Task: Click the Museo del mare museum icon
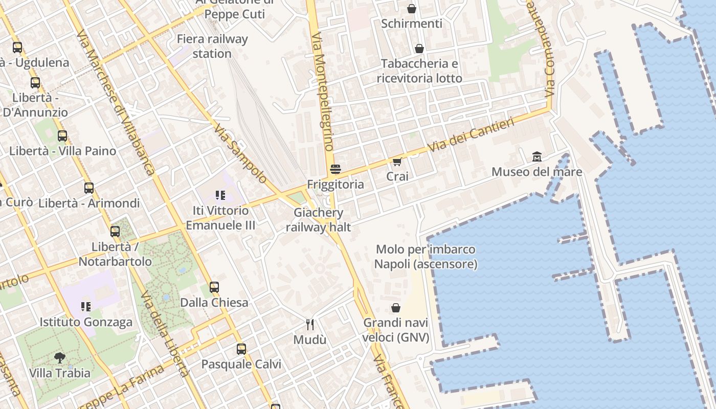point(537,156)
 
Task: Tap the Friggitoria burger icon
point(335,169)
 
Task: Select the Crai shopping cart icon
point(397,162)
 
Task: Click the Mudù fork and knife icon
point(309,324)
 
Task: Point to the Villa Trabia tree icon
point(60,357)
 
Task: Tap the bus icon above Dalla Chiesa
point(214,287)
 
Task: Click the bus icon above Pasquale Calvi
point(241,349)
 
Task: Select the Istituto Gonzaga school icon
point(86,307)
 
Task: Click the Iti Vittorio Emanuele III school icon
point(220,195)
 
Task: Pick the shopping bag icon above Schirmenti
point(412,9)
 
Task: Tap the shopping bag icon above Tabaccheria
point(419,49)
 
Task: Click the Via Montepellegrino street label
point(322,92)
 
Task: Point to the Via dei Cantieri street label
point(471,135)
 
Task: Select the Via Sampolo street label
point(240,153)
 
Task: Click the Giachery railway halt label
point(319,220)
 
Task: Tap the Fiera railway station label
point(212,46)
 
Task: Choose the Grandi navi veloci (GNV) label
point(396,330)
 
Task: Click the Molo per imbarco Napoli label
point(426,257)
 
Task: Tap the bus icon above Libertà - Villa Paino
point(62,136)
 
